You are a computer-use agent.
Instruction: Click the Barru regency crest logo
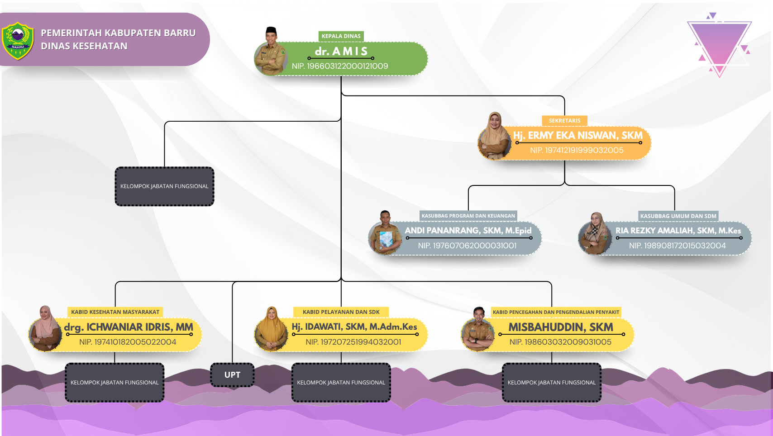pos(18,41)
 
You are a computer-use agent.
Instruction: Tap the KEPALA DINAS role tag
pos(341,36)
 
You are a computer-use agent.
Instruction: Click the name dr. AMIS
pos(341,51)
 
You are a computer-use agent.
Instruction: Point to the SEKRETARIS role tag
pos(564,121)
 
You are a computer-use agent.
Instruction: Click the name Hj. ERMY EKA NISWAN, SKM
pos(577,135)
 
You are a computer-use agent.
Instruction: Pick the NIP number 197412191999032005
pos(577,150)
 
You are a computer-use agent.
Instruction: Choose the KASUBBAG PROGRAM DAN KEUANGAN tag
pos(468,216)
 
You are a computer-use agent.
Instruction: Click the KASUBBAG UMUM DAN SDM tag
pos(678,216)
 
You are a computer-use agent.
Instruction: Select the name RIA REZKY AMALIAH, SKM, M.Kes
pos(678,231)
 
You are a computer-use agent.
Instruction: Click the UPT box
pos(232,375)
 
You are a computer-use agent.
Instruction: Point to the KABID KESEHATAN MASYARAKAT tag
pos(115,312)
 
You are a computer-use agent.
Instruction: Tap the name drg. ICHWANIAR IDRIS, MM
pos(129,327)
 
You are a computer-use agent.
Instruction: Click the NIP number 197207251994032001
pos(353,342)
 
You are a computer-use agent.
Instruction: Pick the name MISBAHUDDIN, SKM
pos(561,327)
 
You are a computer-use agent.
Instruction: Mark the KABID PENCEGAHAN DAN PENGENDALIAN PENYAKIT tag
pos(556,312)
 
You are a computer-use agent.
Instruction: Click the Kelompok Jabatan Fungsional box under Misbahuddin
pos(551,383)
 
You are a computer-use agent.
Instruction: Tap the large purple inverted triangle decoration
pos(719,43)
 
